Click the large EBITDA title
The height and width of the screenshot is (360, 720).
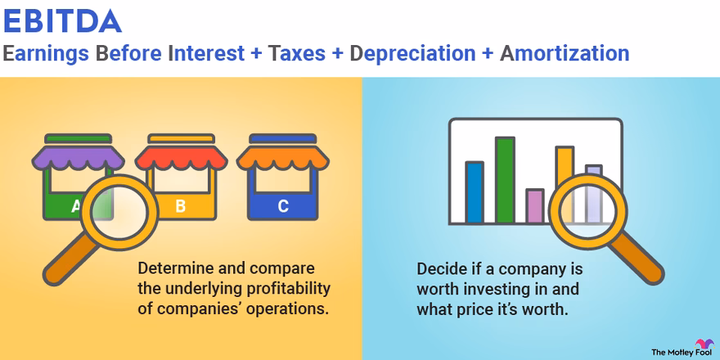(62, 20)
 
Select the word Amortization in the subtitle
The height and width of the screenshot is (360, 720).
(565, 54)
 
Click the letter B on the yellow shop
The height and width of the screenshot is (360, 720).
(181, 206)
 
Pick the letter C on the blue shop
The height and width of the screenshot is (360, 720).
(283, 206)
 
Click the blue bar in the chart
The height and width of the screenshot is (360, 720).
(475, 192)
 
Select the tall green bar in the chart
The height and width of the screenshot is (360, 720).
(505, 179)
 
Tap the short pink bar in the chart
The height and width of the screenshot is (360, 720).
(534, 206)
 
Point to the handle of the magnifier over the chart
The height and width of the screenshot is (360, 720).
(638, 258)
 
